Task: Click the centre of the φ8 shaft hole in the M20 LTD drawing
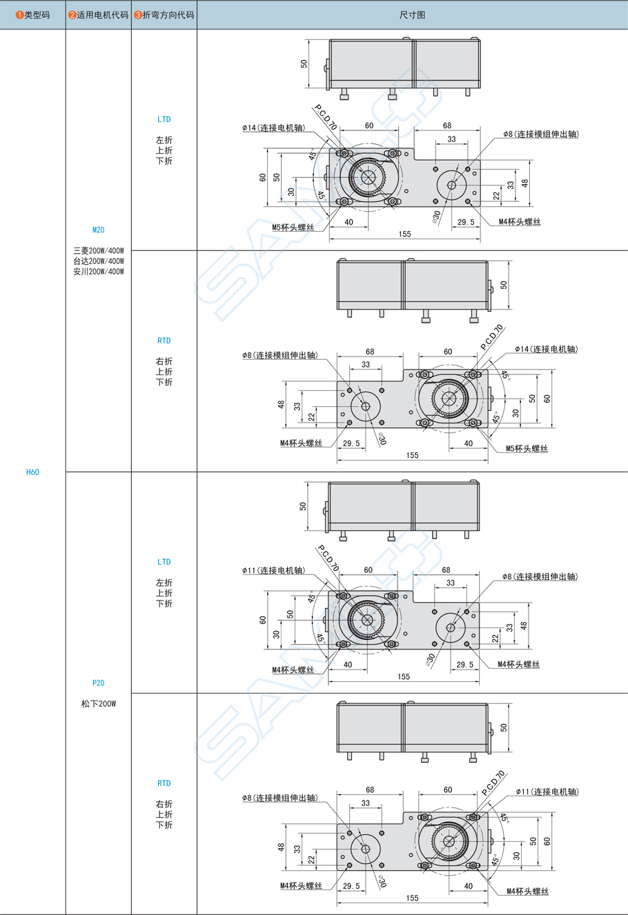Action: pos(451,185)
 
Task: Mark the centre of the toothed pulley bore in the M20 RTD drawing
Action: pos(449,399)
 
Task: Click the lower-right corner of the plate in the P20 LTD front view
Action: pos(479,649)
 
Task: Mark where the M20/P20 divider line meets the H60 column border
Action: pos(66,472)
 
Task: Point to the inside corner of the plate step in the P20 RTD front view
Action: pos(403,824)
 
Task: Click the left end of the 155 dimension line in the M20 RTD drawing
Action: pos(337,461)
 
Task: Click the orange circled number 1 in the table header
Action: pos(19,15)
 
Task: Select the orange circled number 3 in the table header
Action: pos(138,15)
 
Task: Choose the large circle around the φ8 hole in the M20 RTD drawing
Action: pos(366,406)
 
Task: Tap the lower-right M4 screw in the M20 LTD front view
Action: pos(468,201)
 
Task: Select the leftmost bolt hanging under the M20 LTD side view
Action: pos(344,94)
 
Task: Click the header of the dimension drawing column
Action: pos(412,15)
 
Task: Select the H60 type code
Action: pos(32,472)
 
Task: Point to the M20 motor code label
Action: pos(98,230)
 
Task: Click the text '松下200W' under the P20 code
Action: pos(99,704)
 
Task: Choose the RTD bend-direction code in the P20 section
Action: pos(164,783)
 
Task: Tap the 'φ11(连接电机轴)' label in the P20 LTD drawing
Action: pos(273,570)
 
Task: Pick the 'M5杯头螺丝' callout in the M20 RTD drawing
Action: pos(527,448)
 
